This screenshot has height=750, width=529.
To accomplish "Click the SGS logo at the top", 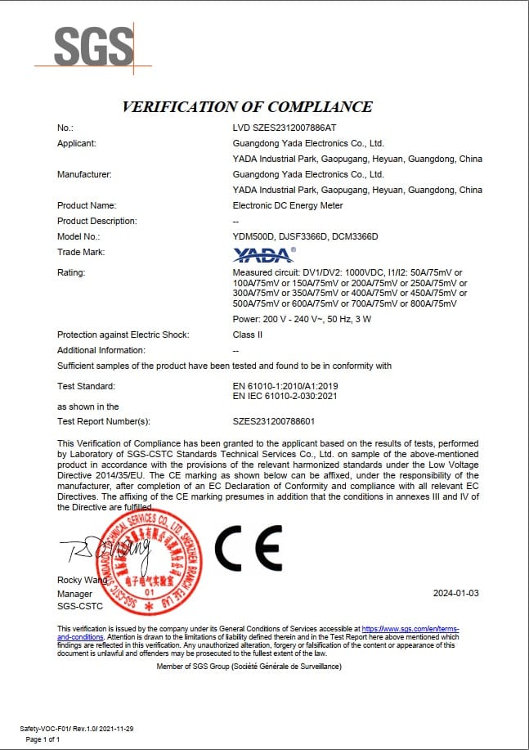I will pos(93,47).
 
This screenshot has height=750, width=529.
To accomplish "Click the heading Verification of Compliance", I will pos(247,107).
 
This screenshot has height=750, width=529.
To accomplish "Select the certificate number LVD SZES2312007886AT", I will pos(285,128).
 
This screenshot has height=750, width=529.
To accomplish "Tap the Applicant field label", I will pos(77,143).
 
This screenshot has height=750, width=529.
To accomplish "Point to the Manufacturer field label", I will pos(84,174).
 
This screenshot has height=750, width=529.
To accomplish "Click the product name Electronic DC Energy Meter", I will pos(288,205).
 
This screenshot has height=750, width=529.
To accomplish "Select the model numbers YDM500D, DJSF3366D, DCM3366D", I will pos(306,236).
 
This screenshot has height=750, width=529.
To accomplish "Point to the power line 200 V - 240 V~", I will pos(302,319).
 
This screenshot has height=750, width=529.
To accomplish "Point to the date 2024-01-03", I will pos(455,592).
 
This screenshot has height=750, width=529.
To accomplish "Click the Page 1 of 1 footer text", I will pos(43,739).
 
